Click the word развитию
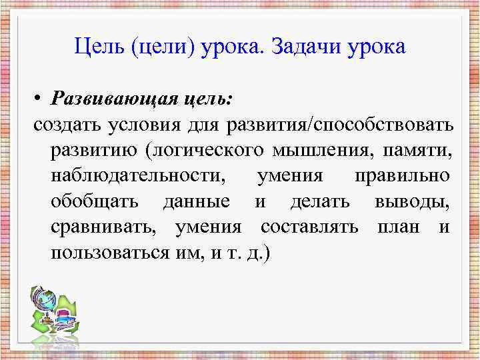coord(91,151)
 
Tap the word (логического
coord(203,151)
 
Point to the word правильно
coord(401,177)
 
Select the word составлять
coord(309,228)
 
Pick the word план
coord(399,228)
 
